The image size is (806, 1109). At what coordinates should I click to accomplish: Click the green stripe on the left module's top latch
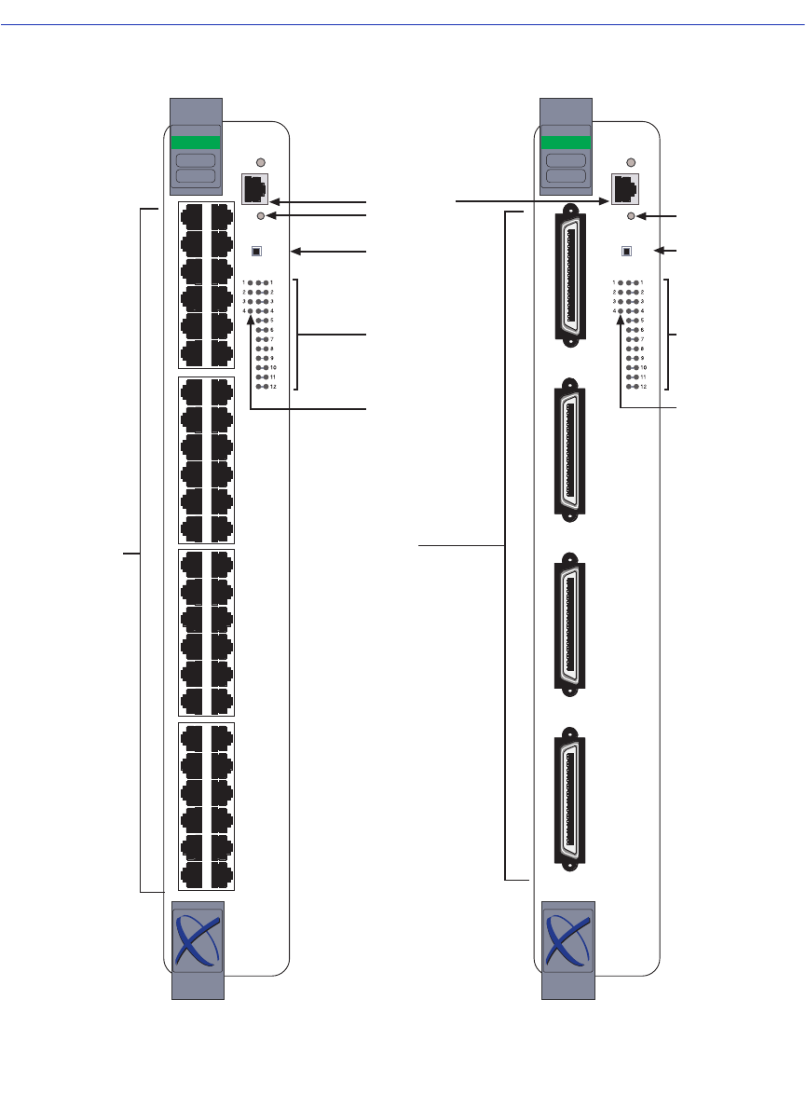[x=196, y=143]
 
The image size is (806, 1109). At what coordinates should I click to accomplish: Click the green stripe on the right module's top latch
[x=565, y=143]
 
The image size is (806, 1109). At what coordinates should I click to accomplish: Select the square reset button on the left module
[x=257, y=251]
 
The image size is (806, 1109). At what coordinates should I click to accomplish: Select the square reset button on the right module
[x=626, y=251]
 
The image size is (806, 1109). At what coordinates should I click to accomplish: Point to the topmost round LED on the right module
[x=633, y=162]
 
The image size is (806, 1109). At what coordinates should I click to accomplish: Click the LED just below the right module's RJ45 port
[x=633, y=216]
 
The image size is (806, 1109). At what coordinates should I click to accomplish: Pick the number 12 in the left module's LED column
[x=273, y=386]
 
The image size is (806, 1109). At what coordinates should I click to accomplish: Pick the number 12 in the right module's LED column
[x=643, y=386]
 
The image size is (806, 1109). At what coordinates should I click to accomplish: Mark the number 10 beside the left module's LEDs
[x=273, y=367]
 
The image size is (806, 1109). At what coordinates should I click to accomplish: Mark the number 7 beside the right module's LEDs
[x=642, y=339]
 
